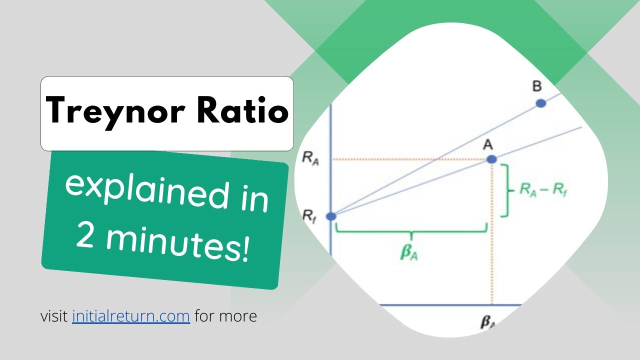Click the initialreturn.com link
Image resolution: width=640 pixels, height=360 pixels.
131,316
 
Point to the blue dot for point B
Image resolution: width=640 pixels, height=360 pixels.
540,103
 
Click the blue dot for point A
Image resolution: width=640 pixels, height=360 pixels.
491,159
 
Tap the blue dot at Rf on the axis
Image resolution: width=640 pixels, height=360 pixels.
331,216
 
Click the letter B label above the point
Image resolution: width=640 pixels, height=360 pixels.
536,86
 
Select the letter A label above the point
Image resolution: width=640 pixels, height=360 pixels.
488,145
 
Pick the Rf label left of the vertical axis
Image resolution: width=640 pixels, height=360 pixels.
309,215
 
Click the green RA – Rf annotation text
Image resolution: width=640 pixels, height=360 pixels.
546,191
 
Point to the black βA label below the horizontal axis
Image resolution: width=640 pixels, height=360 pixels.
487,322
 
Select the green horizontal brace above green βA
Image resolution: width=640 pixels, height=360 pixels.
411,231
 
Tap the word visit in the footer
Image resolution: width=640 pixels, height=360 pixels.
54,316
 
